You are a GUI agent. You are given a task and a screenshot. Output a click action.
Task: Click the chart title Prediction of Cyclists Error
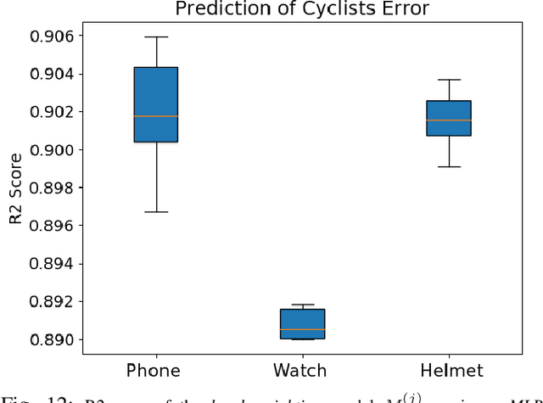click(x=302, y=10)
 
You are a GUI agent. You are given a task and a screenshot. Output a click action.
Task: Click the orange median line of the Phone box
click(x=157, y=115)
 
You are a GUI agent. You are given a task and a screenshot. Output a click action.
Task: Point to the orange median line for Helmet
click(x=449, y=120)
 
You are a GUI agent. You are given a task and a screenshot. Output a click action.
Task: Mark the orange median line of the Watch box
click(x=303, y=329)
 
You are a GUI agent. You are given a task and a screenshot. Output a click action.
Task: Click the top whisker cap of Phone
click(x=157, y=36)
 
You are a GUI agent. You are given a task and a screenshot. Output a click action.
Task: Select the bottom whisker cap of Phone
click(x=157, y=211)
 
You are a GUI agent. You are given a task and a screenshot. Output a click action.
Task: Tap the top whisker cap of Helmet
click(x=449, y=80)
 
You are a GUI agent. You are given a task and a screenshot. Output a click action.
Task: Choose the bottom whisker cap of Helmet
click(x=449, y=166)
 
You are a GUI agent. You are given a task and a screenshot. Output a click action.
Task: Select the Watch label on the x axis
click(x=303, y=370)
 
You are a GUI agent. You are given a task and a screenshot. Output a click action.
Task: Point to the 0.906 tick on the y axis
click(x=53, y=36)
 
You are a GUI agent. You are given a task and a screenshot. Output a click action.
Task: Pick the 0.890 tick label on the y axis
click(x=53, y=339)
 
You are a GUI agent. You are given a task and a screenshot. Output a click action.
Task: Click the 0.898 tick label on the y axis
click(x=53, y=188)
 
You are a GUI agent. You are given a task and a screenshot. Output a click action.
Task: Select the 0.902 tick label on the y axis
click(x=53, y=112)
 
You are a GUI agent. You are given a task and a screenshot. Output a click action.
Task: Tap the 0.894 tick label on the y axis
click(x=53, y=264)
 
